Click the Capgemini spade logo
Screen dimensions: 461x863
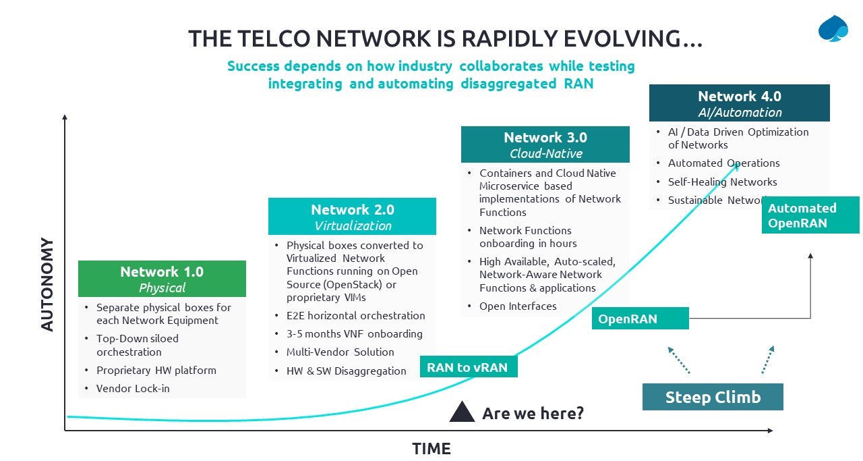833,29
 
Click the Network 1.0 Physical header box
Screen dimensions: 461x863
162,279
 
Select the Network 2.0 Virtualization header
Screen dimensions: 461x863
352,217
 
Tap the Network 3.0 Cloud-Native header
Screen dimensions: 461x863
545,144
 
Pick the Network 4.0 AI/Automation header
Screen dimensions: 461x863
739,103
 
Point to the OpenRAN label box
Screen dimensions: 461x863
640,319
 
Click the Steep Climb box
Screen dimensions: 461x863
713,397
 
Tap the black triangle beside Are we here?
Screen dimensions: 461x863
463,412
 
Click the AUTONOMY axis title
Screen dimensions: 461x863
47,284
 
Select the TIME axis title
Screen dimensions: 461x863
431,448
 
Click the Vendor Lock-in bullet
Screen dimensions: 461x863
133,388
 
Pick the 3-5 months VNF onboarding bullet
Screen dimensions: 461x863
354,333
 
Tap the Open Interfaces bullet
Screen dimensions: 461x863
518,306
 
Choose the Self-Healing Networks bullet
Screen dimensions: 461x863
722,182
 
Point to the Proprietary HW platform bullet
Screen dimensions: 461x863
156,370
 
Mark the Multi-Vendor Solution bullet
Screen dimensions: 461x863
340,352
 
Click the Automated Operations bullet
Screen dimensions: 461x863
723,163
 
